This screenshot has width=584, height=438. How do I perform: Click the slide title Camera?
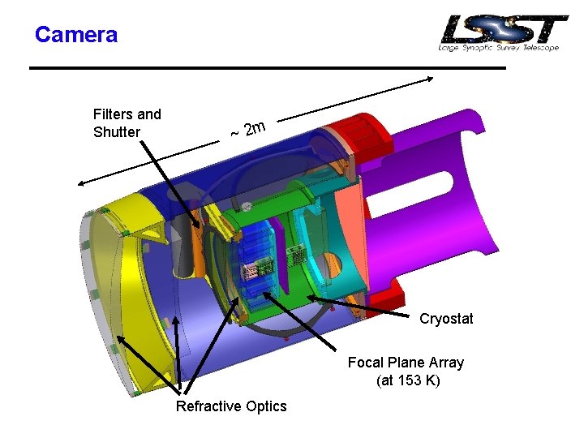(76, 35)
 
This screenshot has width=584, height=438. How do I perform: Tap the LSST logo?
(504, 32)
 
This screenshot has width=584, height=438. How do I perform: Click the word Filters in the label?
(112, 114)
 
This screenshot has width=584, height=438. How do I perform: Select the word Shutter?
(117, 132)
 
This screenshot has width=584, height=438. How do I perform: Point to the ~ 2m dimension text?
(248, 130)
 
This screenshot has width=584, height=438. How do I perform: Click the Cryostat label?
(446, 319)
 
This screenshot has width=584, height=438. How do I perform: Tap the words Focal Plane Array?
(406, 363)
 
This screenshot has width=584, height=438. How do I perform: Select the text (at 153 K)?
(408, 380)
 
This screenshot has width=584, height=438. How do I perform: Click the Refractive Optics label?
(231, 406)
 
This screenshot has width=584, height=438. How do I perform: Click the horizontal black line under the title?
(268, 68)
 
